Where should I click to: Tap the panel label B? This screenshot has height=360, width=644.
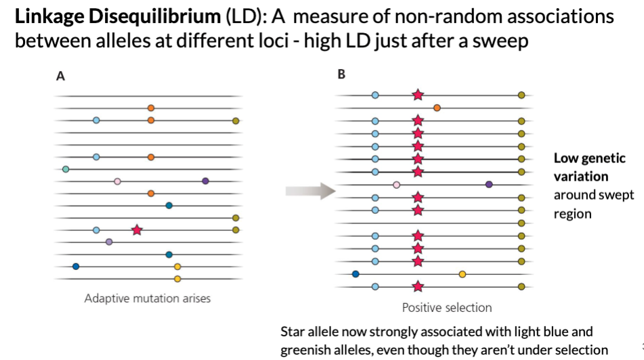point(341,74)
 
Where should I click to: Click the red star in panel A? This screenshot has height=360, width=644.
point(137,230)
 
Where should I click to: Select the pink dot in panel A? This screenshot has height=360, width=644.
point(117,181)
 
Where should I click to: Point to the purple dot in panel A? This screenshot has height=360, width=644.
point(205,181)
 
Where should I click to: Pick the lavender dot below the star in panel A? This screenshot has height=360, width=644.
point(109,242)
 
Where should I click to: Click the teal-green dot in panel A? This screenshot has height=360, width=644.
point(66,169)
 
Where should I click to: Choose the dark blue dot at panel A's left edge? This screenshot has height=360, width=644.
point(75,266)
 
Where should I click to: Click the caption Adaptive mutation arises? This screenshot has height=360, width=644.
point(147,298)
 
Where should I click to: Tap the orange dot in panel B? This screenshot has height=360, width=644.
point(437,108)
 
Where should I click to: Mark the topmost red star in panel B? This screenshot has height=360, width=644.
point(418,95)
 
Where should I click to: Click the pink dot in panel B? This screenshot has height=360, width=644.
point(397,184)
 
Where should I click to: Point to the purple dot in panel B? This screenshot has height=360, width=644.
point(489,184)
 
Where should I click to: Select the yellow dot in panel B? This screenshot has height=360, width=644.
point(463,274)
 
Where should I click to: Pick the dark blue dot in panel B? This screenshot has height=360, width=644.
point(356,274)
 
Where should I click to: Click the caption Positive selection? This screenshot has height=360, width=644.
point(447,308)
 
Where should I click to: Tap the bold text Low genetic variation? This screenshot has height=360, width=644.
point(589,167)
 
